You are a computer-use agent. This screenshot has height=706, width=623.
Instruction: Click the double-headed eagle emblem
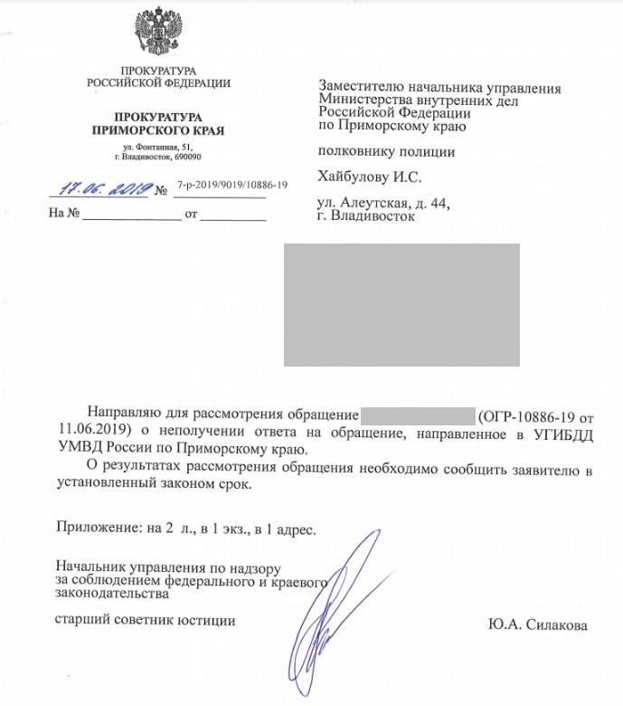(x=159, y=31)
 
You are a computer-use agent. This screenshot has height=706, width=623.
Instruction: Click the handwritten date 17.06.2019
(x=105, y=189)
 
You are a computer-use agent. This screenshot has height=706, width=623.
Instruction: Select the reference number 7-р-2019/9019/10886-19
(x=232, y=186)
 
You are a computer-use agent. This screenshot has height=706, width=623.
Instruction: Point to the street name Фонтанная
(x=157, y=147)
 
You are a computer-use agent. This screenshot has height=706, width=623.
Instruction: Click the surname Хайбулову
(x=356, y=176)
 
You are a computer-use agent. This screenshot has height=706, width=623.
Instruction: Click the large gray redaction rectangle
(x=401, y=304)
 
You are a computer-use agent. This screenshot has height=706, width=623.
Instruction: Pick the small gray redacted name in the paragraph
(x=418, y=416)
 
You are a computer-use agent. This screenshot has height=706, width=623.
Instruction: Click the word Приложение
(x=87, y=526)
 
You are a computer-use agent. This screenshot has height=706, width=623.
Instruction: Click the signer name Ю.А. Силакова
(x=536, y=625)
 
